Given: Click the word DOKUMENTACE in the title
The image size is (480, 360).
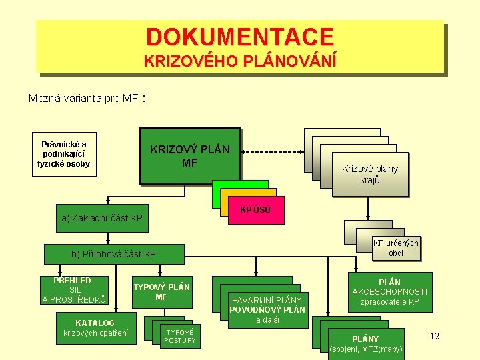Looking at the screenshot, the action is point(239,36).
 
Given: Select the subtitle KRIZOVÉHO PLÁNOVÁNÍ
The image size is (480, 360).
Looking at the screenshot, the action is point(239,61).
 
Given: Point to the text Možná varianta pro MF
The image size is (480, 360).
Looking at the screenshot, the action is point(83,99).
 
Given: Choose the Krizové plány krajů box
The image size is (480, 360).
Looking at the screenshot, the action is point(369,174).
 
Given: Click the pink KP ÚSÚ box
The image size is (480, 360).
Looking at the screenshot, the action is point(255,209).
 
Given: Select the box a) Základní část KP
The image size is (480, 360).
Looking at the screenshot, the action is point(101,218).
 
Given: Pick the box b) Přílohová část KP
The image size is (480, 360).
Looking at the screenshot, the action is point(113,254).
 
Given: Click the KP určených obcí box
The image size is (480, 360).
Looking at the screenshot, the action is point(395,248).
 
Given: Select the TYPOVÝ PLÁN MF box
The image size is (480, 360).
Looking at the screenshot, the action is point(161,292).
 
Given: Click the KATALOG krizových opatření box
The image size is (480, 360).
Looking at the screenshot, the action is point(95,328).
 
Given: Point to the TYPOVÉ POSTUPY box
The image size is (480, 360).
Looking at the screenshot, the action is point(180,336).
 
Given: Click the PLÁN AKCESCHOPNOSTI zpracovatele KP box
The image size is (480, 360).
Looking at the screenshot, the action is point(389,292).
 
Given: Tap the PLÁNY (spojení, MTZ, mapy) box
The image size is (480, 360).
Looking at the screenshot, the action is point(366,343).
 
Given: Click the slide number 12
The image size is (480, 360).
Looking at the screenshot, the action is point(434,336).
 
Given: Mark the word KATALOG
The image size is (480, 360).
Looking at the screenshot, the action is point(95,323).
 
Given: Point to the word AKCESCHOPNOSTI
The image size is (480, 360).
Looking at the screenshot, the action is point(389,292).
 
